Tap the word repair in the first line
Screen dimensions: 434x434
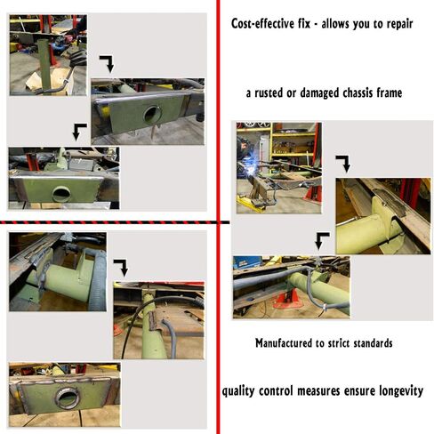[x=399, y=24]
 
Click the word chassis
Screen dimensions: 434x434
[x=358, y=93]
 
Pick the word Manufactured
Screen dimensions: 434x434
[x=284, y=343]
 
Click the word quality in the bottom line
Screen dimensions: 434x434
[x=238, y=391]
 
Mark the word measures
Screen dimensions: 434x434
[x=318, y=390]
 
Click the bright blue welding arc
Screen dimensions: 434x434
[x=250, y=167]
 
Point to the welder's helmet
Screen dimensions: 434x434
[x=244, y=145]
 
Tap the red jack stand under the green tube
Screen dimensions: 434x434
[x=288, y=299]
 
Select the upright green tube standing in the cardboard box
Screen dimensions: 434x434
[x=45, y=65]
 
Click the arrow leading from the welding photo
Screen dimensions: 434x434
[x=344, y=163]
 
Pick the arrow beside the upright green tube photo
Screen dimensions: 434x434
[x=108, y=63]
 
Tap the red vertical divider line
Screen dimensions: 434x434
[x=218, y=217]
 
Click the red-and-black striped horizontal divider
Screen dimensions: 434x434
[x=115, y=222]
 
